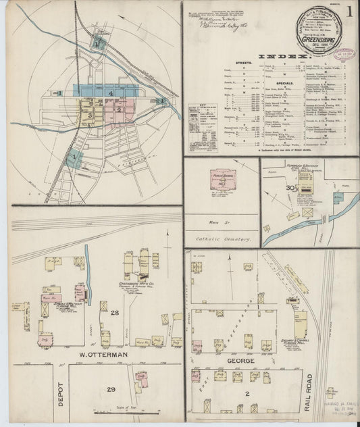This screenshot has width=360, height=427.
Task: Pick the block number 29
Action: tap(107, 390)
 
